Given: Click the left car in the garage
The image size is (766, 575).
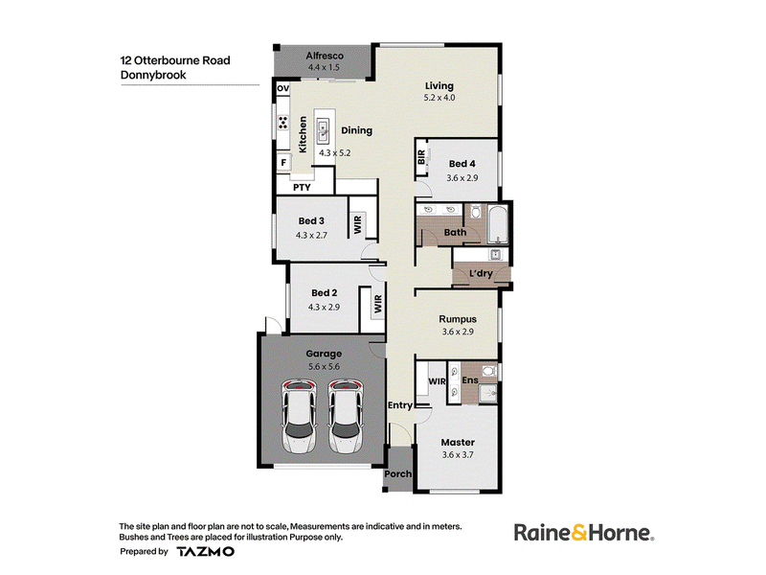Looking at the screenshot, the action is coord(299,417).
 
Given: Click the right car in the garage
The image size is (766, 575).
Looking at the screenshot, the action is coord(346,417).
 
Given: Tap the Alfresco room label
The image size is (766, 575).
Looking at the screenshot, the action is coord(325,56).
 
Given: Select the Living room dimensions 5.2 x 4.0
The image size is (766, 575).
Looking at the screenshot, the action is coord(439,98).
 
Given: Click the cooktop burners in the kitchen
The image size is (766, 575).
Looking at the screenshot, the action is coord(282,123).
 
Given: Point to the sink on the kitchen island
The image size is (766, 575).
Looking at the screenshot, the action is coord(323,132).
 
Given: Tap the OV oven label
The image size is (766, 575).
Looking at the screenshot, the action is coord(282,88).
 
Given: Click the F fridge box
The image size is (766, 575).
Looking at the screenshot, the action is coord(283,162).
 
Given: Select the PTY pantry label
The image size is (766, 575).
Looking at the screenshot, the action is coord(302,187).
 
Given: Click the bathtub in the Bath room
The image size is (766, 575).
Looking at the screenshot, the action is coord(498,225).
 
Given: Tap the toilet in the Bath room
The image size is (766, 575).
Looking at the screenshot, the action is coord(475,212).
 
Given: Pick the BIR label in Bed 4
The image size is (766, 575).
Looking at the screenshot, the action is coord(421,157).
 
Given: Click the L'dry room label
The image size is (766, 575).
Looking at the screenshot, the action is coord(481,273).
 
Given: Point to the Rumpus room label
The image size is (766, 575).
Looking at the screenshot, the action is coord(458,319).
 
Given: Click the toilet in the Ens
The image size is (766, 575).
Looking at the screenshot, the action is coord(488,370).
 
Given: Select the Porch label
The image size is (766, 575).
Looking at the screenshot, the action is coord(397,473).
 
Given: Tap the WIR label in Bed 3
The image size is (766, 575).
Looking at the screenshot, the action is coord(357,224).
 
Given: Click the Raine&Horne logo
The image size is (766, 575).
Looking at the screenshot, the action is coord(584,533).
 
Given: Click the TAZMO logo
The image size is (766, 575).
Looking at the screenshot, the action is coord(205,552).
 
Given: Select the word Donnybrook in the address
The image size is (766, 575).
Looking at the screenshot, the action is coord(153,75).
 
